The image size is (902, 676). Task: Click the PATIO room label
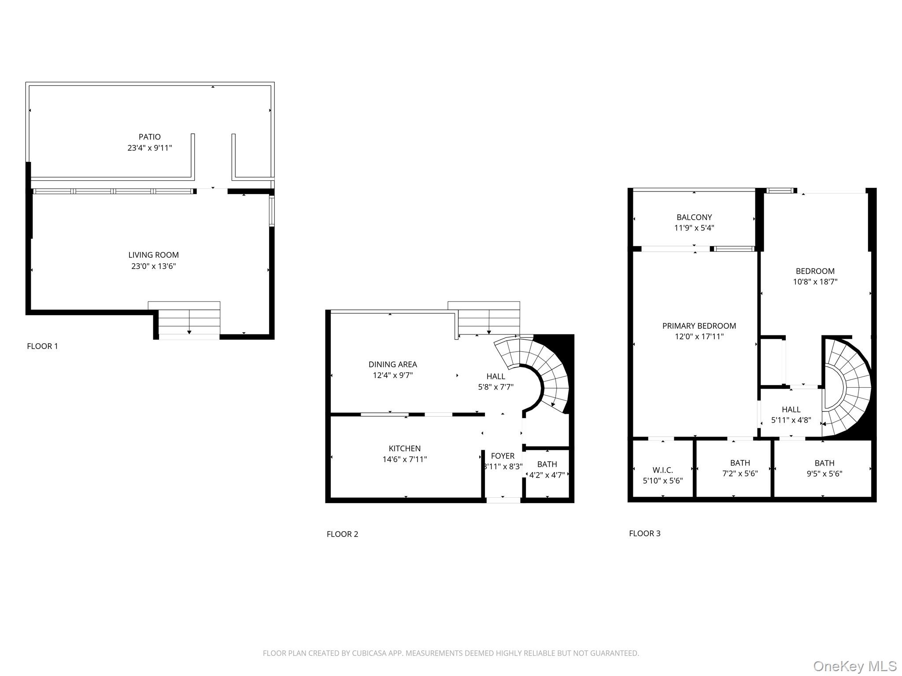150,137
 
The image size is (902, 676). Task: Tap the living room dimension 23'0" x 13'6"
153,266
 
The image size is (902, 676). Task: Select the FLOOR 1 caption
42,346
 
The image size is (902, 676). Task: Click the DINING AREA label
392,364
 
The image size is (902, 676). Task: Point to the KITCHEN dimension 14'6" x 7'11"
404,459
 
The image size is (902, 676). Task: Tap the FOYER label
503,456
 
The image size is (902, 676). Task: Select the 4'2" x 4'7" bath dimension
547,475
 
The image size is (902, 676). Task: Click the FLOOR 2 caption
342,534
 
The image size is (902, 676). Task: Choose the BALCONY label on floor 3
694,217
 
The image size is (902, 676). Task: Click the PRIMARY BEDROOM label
699,326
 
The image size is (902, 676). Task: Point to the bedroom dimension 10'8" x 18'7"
815,282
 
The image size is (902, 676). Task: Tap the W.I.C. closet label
662,470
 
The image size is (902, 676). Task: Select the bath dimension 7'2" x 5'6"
739,474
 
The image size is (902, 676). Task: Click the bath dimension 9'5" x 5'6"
824,474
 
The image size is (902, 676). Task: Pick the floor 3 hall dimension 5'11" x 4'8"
791,420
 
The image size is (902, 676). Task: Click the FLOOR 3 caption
644,533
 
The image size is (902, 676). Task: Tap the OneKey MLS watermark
854,666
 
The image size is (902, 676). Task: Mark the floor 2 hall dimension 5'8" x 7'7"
495,387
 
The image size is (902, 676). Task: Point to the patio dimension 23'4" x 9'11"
150,148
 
